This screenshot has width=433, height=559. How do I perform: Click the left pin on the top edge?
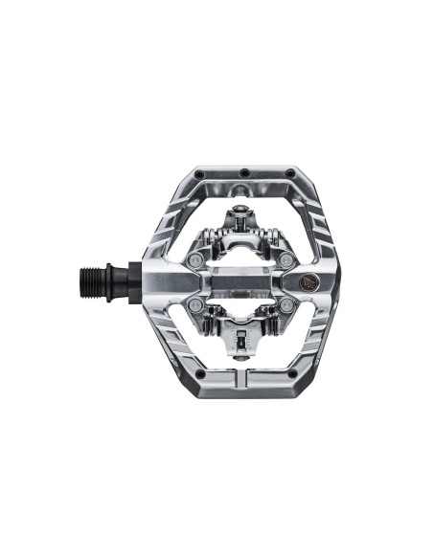199,175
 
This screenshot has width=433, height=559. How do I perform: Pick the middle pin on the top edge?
245,172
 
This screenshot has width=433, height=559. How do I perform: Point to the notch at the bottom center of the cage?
245,387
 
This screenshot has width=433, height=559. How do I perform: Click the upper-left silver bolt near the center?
196,261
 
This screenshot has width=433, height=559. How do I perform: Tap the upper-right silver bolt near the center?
285,261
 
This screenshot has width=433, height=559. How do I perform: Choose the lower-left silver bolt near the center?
196,303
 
